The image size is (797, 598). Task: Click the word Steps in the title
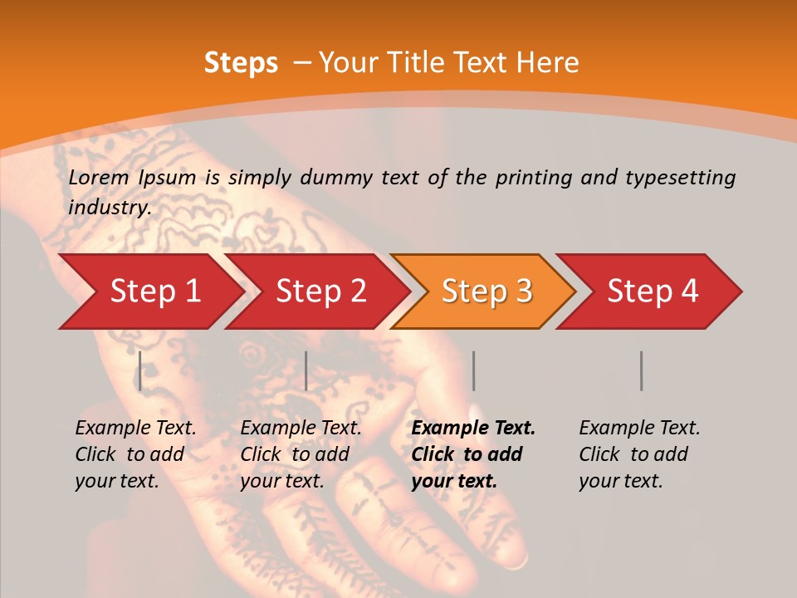241,63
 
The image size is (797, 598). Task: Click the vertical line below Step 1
140,370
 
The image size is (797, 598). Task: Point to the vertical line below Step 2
306,370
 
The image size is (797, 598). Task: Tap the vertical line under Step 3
473,370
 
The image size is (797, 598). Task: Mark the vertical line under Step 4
641,370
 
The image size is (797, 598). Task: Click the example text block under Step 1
135,454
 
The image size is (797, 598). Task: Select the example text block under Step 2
301,454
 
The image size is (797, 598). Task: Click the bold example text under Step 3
473,454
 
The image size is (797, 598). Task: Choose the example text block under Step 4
639,454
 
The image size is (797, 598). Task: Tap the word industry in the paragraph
109,208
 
